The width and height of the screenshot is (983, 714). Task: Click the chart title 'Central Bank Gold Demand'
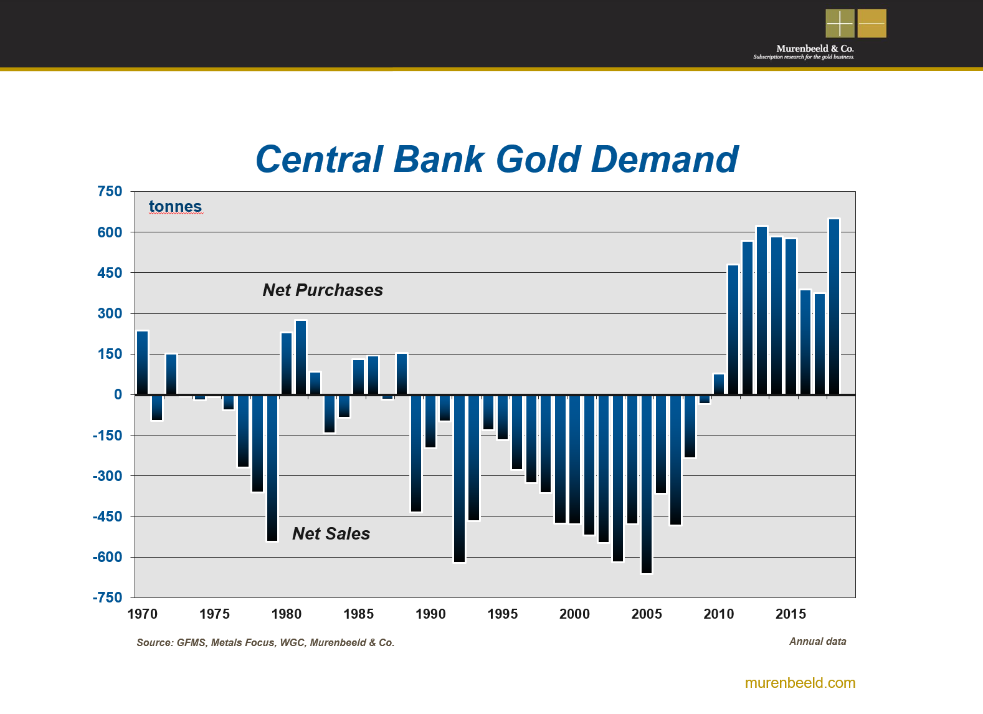(x=496, y=159)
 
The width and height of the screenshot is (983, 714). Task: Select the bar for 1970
(x=143, y=363)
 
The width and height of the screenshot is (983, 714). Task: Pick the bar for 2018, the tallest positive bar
(x=834, y=307)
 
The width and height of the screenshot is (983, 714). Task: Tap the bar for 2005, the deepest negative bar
(x=647, y=483)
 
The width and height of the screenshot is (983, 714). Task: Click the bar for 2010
(x=719, y=384)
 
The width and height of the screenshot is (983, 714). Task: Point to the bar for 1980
(x=287, y=364)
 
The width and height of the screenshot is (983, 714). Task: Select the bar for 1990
(x=430, y=421)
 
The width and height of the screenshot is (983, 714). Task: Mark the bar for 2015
(x=791, y=317)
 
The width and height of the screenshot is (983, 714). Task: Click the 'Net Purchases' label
(x=323, y=290)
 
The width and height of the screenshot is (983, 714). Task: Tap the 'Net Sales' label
(x=331, y=534)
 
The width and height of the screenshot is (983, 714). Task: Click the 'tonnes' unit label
(x=175, y=207)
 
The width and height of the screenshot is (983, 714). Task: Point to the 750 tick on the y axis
(x=110, y=192)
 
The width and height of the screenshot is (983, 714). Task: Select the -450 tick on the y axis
(x=108, y=516)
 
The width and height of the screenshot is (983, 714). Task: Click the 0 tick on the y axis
(x=118, y=394)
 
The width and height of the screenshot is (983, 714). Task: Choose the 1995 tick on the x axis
(x=503, y=614)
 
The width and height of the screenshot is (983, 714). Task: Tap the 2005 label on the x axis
(x=647, y=614)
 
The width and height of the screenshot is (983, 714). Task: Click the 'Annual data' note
(x=817, y=642)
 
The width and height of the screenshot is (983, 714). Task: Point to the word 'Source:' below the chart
(x=154, y=643)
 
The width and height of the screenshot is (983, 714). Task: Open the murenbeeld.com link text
(x=800, y=683)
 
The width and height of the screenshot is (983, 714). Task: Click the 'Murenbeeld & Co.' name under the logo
(x=815, y=49)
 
